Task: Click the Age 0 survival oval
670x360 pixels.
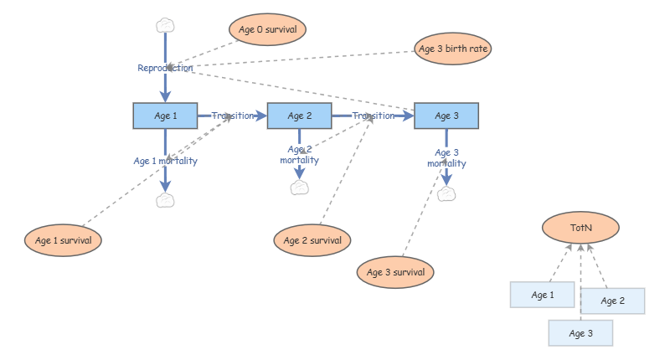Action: coord(267,29)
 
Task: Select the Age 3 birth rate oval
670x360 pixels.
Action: coord(453,49)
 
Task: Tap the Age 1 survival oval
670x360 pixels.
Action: coord(64,240)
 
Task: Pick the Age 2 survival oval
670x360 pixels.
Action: coord(312,240)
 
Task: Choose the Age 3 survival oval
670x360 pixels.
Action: coord(395,272)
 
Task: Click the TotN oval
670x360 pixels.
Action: coord(580,228)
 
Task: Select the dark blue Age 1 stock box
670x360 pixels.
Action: coord(165,116)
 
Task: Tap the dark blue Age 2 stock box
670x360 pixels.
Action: coord(300,116)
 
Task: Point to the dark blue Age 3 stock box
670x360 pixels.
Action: coord(446,116)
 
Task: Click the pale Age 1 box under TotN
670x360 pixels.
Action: coord(542,295)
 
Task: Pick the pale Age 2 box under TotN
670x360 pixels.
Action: coord(613,301)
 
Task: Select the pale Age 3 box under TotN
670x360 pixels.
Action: coord(580,333)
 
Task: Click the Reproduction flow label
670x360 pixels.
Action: coord(165,68)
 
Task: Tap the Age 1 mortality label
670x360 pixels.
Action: coord(165,161)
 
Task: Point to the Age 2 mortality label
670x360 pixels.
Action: coord(300,155)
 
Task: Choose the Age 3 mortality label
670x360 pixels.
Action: coord(446,157)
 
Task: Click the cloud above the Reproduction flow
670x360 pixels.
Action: coord(165,26)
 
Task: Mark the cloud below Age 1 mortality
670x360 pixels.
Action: coord(165,200)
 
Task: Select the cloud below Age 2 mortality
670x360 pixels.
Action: coord(300,188)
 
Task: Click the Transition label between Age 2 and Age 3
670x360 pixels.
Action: coord(374,116)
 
